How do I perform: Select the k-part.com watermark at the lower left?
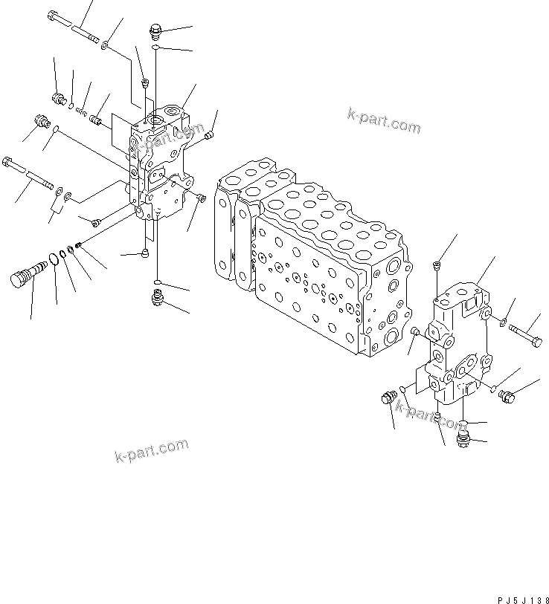click(151, 450)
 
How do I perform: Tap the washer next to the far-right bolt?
click(503, 322)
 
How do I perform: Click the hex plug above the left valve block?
click(155, 30)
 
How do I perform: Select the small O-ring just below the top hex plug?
click(155, 47)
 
